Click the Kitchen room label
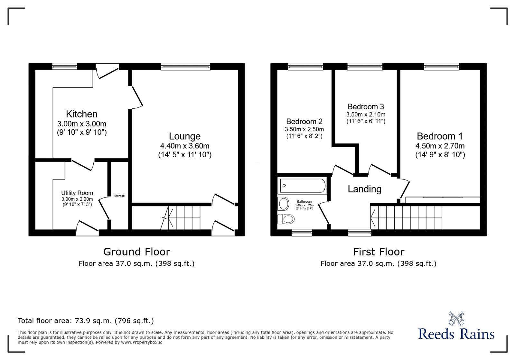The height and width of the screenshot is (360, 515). [x=81, y=114]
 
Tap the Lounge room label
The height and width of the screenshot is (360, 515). [x=184, y=136]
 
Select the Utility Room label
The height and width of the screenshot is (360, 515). [x=77, y=193]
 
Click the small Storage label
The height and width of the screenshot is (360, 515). [x=119, y=196]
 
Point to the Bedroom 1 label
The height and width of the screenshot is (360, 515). [x=440, y=136]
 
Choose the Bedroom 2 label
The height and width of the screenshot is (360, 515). [x=304, y=122]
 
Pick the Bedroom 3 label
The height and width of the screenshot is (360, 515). [x=366, y=107]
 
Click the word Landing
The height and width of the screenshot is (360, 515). [x=364, y=189]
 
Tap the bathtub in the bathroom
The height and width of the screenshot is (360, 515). [x=303, y=186]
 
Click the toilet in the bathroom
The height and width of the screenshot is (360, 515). [x=286, y=219]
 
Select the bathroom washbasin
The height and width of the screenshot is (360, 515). [x=284, y=203]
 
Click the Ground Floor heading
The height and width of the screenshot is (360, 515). [x=136, y=252]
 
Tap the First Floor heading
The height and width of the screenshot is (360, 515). [x=379, y=252]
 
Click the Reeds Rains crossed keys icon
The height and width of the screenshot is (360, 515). [x=456, y=318]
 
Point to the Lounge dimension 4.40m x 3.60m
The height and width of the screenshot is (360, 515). [x=184, y=146]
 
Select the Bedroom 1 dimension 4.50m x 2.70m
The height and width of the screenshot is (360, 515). [x=440, y=146]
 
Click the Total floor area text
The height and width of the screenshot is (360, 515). [x=86, y=321]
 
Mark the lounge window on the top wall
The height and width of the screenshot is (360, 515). [x=186, y=67]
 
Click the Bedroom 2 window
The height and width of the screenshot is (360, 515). [x=305, y=67]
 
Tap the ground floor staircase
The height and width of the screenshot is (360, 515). [x=184, y=218]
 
